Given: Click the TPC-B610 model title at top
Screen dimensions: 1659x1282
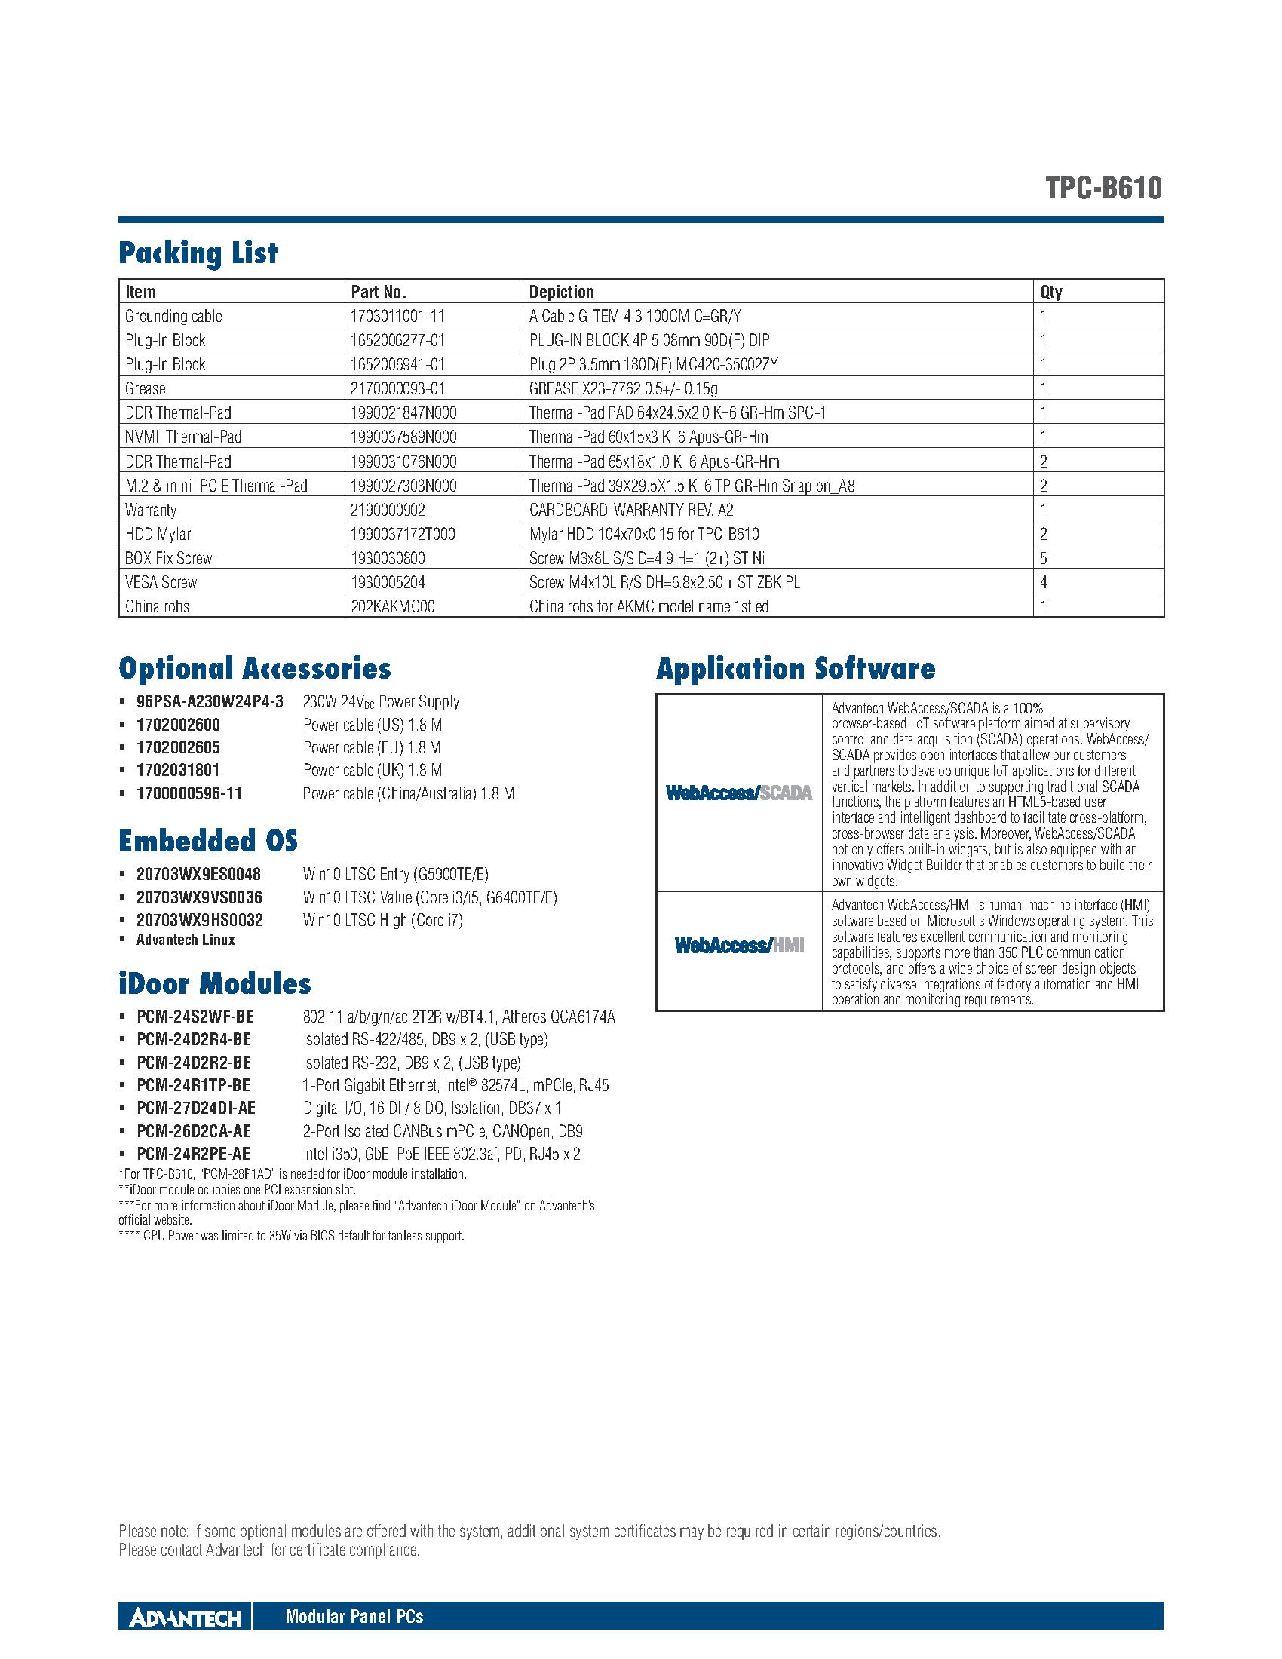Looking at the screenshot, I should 1103,189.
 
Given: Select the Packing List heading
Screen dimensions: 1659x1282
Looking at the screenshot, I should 198,253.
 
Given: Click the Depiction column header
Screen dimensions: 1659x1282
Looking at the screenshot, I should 561,292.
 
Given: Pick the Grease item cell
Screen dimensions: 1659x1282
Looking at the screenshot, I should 145,389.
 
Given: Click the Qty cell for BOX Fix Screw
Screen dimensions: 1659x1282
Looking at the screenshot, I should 1044,558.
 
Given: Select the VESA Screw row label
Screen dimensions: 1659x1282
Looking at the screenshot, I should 161,583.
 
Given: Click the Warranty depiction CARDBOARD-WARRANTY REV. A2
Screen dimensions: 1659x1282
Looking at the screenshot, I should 631,510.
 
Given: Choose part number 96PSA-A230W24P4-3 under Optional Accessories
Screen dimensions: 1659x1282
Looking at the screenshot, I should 210,702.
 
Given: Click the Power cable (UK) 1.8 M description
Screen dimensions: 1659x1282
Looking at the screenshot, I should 372,770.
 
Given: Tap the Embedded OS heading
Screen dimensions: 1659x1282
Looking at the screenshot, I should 208,841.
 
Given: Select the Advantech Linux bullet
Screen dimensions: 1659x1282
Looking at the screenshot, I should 186,940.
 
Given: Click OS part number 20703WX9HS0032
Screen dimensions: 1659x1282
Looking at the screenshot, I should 200,921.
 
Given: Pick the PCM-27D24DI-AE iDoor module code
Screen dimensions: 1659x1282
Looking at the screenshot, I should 196,1109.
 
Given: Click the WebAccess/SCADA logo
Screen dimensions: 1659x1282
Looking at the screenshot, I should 739,793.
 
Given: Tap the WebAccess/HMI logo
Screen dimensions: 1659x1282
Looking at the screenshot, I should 739,946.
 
